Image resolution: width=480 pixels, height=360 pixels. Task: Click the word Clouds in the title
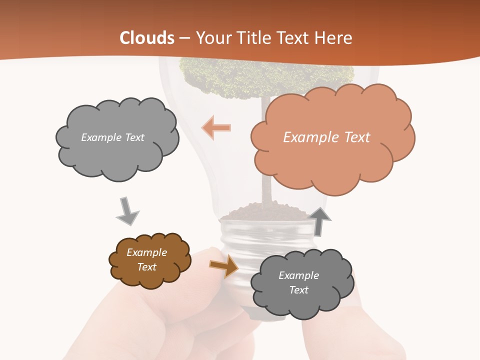coord(147,38)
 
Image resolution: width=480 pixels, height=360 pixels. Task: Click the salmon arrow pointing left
coord(216,128)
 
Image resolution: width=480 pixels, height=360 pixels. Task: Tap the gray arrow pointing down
coord(127,211)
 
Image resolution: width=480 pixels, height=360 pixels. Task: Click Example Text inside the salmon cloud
coord(326,137)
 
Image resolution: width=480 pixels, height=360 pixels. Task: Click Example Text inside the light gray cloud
coord(112,137)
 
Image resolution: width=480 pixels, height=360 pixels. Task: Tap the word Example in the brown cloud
coord(146,252)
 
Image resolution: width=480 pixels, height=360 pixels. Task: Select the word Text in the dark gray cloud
coord(298,290)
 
